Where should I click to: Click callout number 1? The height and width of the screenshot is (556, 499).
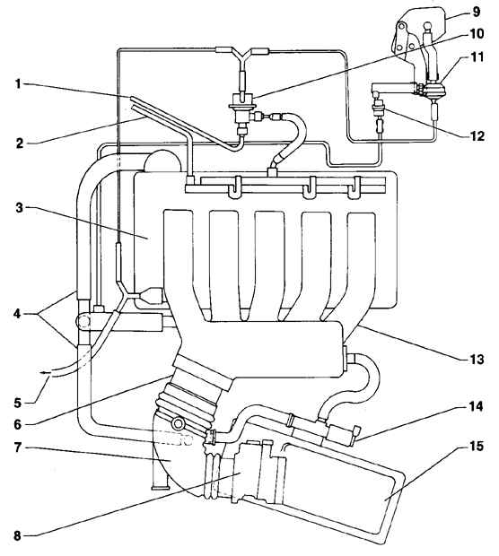18,84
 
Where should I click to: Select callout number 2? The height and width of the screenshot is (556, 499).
19,143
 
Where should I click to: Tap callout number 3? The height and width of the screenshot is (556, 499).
19,207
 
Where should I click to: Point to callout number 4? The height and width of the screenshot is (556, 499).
17,314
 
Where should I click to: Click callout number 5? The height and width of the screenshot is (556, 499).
17,403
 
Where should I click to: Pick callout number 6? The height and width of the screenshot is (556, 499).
18,424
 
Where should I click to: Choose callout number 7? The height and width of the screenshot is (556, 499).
18,447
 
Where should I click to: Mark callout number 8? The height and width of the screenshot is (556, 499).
17,535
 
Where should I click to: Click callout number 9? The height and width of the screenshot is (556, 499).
477,12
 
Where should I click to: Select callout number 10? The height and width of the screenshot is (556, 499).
477,34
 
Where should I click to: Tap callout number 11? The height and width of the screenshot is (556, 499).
477,56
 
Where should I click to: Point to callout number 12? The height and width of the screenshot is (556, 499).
477,135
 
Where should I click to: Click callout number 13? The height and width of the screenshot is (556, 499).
477,360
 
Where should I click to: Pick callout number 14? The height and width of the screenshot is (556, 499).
477,407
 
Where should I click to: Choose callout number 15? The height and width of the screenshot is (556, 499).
477,447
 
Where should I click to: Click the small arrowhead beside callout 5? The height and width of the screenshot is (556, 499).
42,373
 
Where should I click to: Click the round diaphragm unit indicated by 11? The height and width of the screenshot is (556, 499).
434,88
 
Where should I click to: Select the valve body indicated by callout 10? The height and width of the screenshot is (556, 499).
242,109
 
